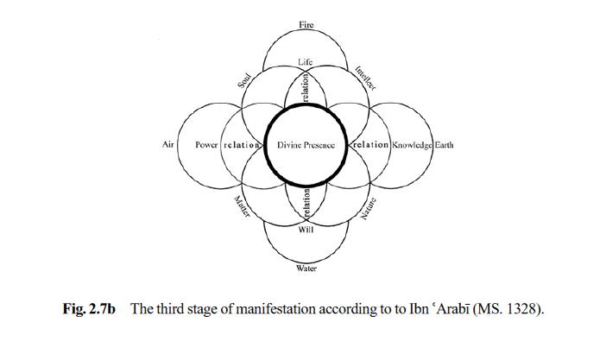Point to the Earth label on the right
[x=444, y=144]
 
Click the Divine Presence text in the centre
[x=306, y=145]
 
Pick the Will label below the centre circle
[x=306, y=230]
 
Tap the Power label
[x=206, y=145]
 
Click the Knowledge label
[x=412, y=145]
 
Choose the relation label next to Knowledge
[x=369, y=145]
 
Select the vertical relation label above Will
[x=306, y=205]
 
